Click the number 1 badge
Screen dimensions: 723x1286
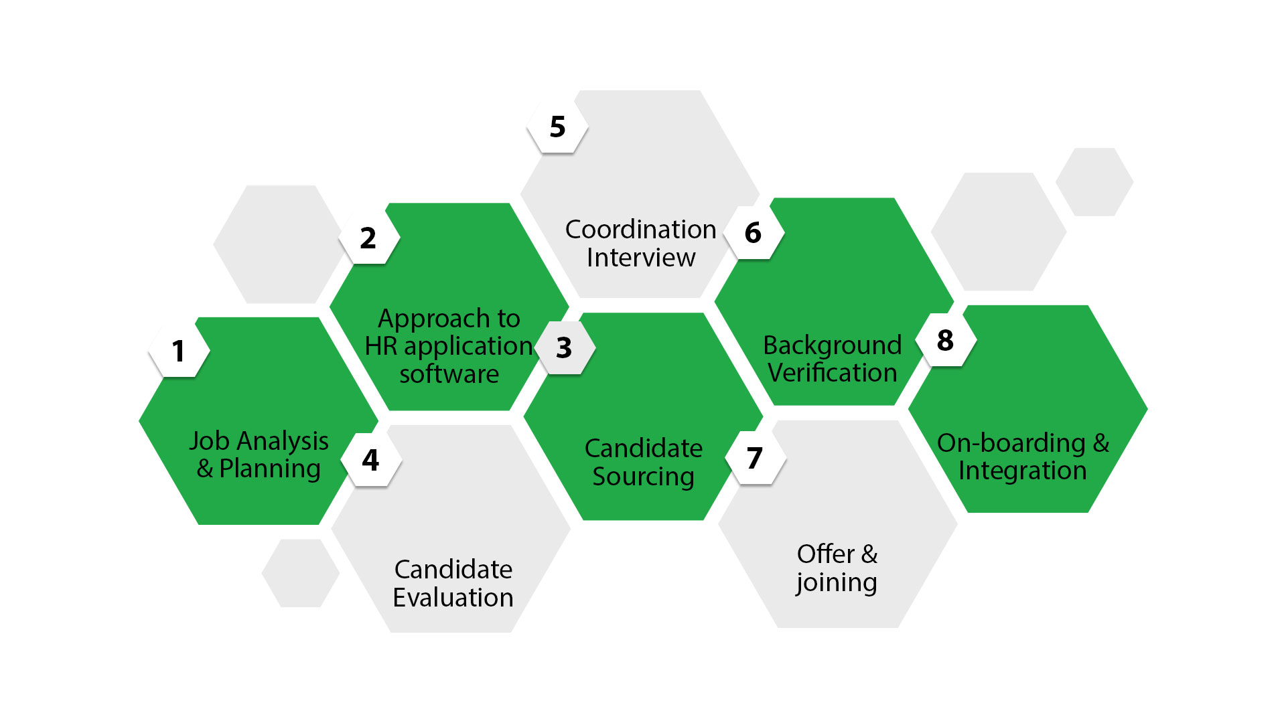[x=178, y=351]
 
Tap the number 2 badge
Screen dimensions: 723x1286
[x=368, y=238]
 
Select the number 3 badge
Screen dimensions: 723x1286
[x=564, y=347]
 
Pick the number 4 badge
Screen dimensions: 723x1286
[x=370, y=460]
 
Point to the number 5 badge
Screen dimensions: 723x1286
[x=557, y=127]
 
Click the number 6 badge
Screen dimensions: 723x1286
[x=753, y=232]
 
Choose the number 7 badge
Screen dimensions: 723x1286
[x=755, y=459]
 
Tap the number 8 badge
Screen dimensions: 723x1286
[x=945, y=340]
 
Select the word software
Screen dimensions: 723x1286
[x=449, y=374]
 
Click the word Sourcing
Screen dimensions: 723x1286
[x=643, y=477]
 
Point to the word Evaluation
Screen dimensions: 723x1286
[x=453, y=598]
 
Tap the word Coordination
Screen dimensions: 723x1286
[x=640, y=230]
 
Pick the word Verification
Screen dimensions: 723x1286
[x=832, y=373]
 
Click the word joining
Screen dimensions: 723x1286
[x=836, y=583]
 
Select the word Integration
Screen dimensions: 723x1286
[x=1022, y=471]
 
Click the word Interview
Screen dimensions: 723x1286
[x=641, y=258]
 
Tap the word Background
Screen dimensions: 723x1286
[x=832, y=345]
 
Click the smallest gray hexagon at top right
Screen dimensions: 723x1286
[x=1094, y=182]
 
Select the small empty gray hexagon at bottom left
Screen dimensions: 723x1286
[x=300, y=573]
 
